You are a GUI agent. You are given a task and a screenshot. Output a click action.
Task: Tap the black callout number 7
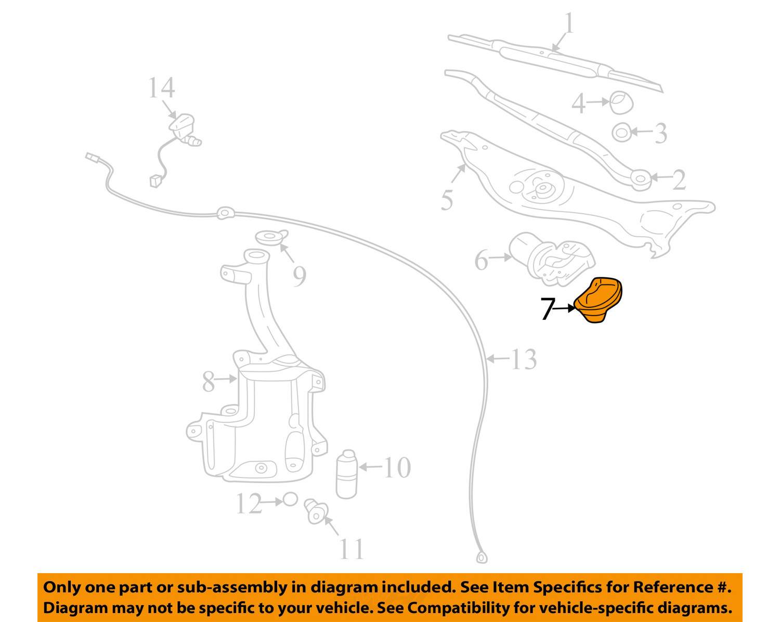(x=548, y=309)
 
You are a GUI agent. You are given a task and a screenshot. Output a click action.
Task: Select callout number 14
(x=161, y=88)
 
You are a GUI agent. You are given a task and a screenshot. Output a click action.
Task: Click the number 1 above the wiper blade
(x=569, y=24)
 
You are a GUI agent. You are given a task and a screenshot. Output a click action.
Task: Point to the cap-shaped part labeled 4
(x=620, y=102)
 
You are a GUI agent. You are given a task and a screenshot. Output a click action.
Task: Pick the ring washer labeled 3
(x=621, y=133)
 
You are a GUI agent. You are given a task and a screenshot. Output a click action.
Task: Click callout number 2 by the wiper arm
(x=679, y=180)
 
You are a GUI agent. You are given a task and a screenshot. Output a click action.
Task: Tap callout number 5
(x=447, y=200)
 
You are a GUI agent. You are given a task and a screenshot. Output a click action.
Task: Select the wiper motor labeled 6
(x=551, y=260)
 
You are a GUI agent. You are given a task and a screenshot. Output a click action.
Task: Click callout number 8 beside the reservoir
(x=208, y=382)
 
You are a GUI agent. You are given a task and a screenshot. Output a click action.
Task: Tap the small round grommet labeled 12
(x=290, y=500)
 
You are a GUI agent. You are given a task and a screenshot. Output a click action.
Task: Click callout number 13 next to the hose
(x=523, y=359)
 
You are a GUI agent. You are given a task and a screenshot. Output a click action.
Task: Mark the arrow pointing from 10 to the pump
(x=370, y=467)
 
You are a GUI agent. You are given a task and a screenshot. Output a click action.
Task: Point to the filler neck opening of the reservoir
(x=255, y=256)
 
